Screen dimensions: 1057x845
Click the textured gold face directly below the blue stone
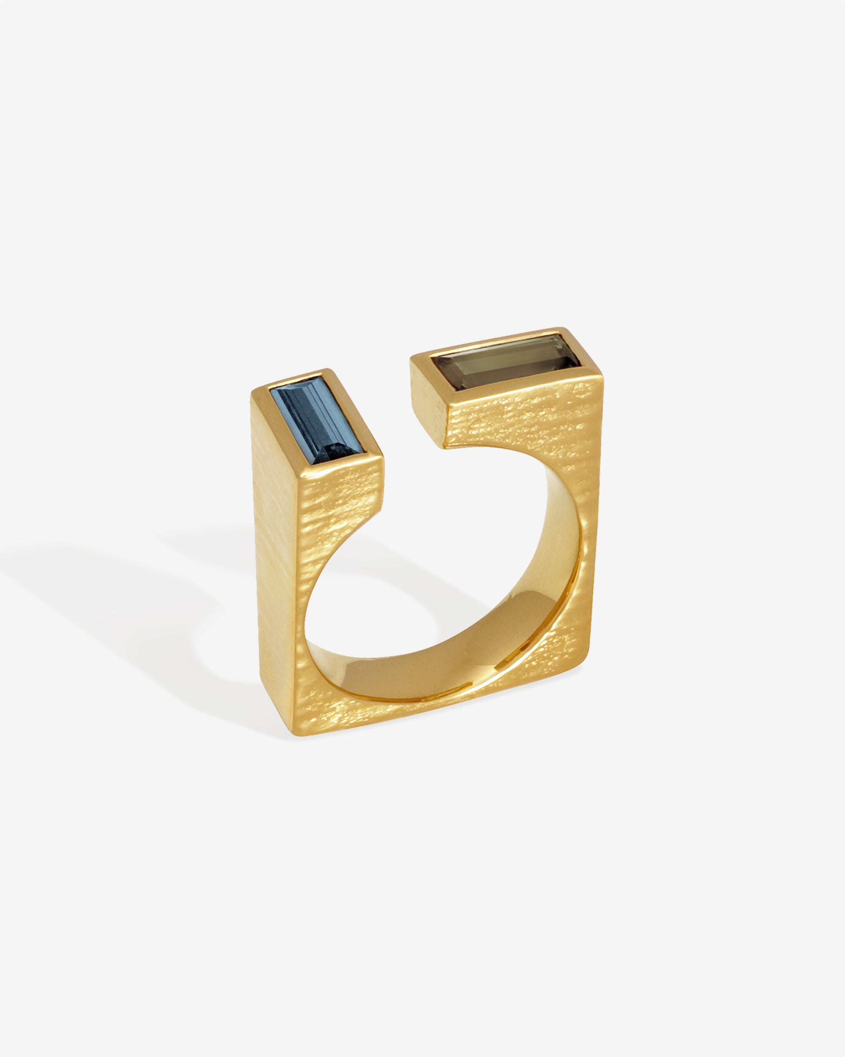pos(343,500)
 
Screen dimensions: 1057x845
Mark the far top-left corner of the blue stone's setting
pos(254,392)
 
